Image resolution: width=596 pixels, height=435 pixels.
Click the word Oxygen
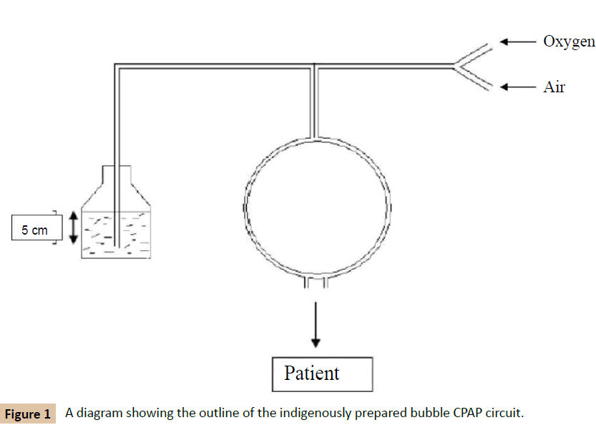coord(569,41)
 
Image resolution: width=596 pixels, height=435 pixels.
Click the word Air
coord(554,87)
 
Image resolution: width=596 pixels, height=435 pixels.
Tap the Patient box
coord(323,373)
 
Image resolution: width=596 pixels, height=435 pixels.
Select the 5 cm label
coord(34,230)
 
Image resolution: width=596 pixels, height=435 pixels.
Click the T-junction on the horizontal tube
coord(315,67)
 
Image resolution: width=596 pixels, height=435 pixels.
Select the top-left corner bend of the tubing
coord(117,67)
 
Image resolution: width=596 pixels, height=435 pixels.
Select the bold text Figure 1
coord(28,414)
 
